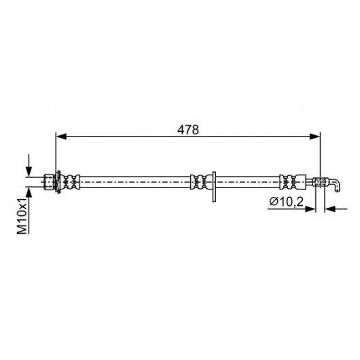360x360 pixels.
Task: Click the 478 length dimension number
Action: [187, 130]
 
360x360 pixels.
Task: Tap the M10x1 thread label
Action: [22, 215]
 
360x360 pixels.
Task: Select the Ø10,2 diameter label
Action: [286, 202]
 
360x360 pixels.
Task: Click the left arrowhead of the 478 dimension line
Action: [61, 137]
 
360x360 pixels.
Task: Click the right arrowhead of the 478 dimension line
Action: [314, 137]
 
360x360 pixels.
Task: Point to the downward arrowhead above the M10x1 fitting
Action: [29, 171]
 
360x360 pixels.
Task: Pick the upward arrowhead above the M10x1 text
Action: [29, 192]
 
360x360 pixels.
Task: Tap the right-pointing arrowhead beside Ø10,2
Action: [310, 209]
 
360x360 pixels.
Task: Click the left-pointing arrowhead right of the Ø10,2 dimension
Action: [329, 209]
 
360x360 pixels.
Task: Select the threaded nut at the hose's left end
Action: [49, 182]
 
